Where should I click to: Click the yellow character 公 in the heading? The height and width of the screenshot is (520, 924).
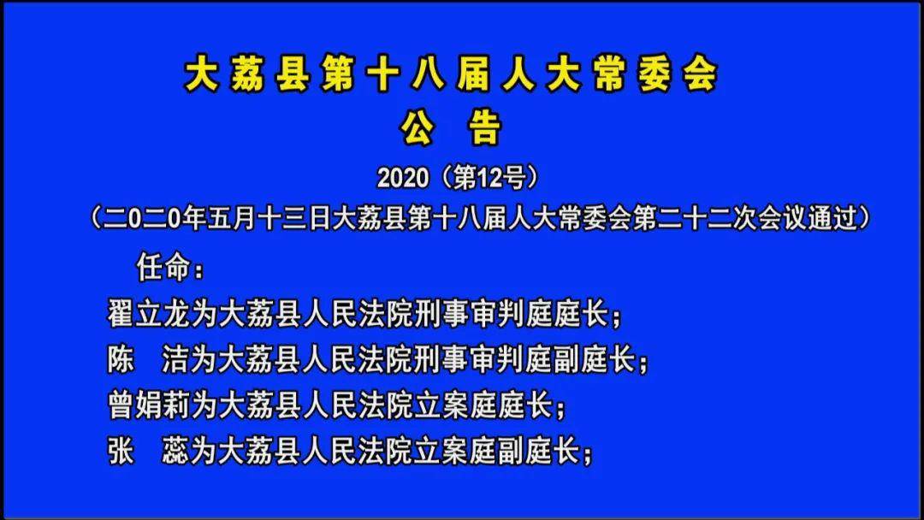click(419, 128)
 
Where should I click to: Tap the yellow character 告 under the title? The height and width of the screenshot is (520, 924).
click(483, 128)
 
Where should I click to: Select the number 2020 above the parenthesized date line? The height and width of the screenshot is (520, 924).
click(402, 178)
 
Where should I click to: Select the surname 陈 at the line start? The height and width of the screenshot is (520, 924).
click(121, 360)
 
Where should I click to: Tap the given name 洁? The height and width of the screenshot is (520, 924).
click(176, 360)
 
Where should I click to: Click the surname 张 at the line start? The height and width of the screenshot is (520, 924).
click(121, 451)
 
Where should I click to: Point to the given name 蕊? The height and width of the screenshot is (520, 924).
click(176, 451)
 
